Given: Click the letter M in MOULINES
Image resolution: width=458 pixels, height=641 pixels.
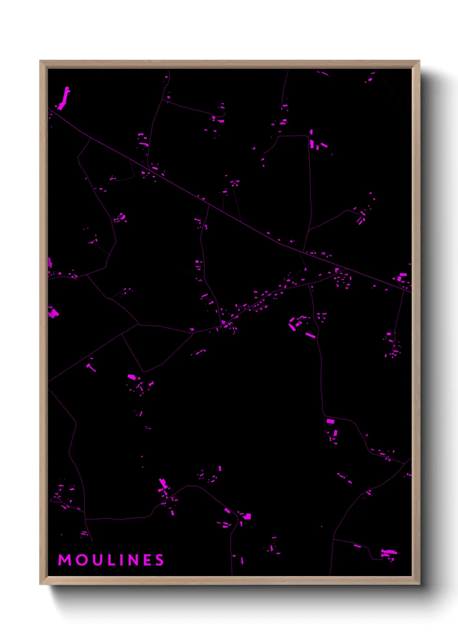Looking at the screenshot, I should pyautogui.click(x=65, y=560).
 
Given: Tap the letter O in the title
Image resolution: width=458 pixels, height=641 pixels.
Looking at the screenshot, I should pyautogui.click(x=81, y=560).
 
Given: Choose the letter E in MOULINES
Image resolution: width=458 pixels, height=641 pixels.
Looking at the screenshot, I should pyautogui.click(x=147, y=560).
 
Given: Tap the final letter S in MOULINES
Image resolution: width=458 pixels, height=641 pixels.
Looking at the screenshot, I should pyautogui.click(x=160, y=560).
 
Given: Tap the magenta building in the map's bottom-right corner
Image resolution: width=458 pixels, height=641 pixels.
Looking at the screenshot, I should pyautogui.click(x=388, y=552).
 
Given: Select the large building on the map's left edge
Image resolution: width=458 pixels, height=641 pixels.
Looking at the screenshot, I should pyautogui.click(x=53, y=312).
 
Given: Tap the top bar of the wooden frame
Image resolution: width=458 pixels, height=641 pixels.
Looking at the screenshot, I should pyautogui.click(x=229, y=64).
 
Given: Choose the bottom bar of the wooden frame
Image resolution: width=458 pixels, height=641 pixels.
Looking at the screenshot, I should pyautogui.click(x=229, y=580).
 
